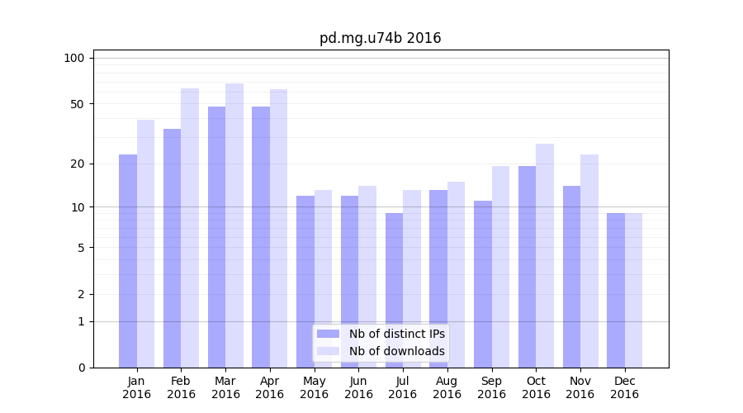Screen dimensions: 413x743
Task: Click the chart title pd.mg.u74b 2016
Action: point(380,38)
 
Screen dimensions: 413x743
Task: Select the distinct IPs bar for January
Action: point(128,261)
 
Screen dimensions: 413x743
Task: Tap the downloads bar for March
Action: point(234,225)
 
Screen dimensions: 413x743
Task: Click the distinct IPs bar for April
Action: point(261,237)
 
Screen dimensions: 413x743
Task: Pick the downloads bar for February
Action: point(190,227)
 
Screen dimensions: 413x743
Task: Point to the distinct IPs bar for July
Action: point(394,290)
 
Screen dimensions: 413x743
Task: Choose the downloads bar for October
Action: point(545,255)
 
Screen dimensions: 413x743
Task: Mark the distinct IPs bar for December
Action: point(616,290)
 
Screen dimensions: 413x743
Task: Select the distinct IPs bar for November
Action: point(571,276)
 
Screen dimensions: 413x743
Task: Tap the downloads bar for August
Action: point(457,274)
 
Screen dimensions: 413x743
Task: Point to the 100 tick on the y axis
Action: point(74,58)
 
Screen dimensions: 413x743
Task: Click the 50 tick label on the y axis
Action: point(77,104)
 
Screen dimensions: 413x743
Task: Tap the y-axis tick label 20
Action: point(77,164)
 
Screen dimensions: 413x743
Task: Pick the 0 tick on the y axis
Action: point(81,368)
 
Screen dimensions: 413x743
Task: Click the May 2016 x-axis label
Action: point(314,387)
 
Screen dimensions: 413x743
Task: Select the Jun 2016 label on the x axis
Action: point(358,387)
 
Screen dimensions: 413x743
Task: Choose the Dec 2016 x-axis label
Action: point(624,387)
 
